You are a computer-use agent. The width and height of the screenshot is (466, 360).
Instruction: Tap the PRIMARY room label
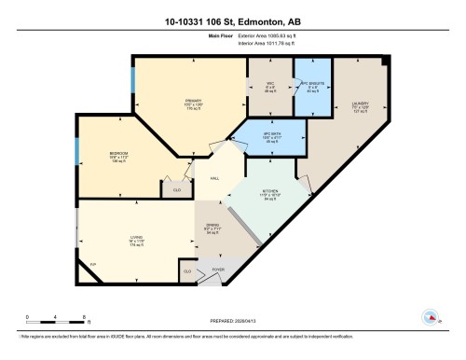point(192,102)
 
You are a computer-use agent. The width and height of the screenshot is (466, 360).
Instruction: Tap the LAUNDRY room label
point(361,104)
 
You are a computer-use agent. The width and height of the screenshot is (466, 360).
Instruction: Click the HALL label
point(214,178)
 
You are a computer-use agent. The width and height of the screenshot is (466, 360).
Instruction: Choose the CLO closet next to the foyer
point(188,271)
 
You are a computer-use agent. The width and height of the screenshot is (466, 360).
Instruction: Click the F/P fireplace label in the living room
point(92,266)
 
